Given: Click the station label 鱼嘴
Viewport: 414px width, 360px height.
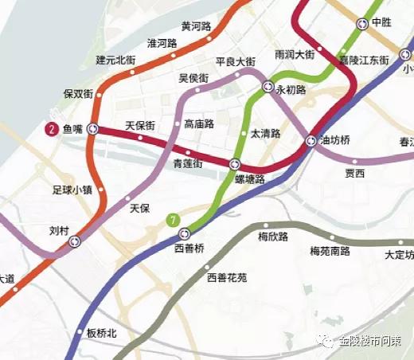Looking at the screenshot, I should (72, 128).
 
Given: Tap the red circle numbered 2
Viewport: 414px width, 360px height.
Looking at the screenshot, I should (52, 128).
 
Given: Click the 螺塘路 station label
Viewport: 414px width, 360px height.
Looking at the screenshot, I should (249, 180).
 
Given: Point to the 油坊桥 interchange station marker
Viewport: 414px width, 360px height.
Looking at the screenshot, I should (311, 141).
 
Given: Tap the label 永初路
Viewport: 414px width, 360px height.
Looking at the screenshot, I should (291, 91).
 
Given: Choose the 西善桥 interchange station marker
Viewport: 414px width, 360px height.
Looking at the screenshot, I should (185, 233).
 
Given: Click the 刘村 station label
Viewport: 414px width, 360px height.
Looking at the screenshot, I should (59, 231).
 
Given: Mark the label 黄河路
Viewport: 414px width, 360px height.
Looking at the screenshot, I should (196, 26).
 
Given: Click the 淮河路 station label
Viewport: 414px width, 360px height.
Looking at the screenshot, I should (162, 43).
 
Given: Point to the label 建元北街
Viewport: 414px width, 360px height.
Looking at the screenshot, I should (117, 60).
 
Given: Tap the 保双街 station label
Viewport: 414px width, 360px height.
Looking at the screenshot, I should (79, 94).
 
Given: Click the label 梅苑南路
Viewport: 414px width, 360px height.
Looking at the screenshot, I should (330, 251).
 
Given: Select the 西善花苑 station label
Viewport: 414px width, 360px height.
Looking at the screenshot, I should (227, 278).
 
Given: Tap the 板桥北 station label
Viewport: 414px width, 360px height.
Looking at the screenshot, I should (101, 333).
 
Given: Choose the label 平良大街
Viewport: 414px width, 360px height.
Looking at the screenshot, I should (235, 61).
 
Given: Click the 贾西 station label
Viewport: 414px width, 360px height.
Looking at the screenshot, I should (354, 173).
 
